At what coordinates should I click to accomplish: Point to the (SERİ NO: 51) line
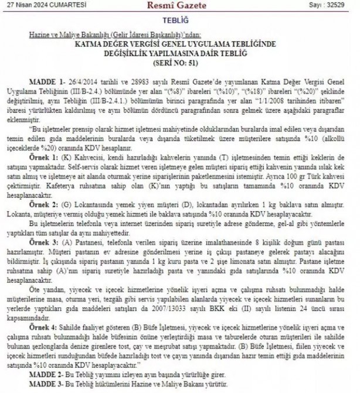tap(180, 61)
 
